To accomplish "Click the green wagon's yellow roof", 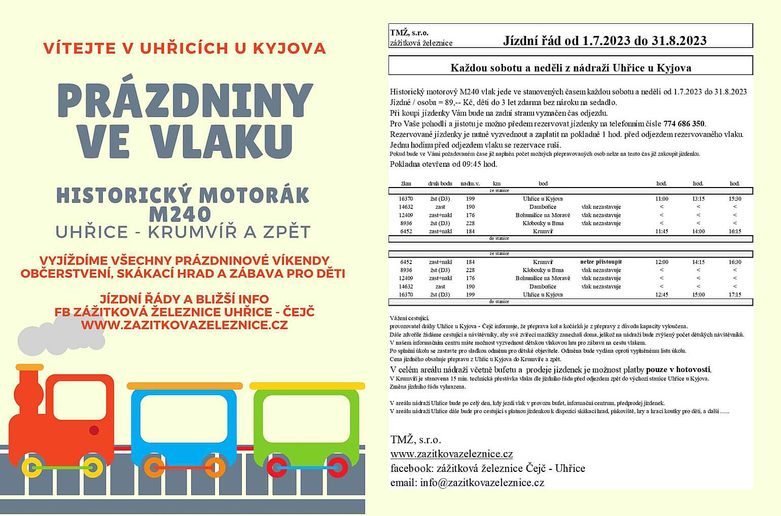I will coord(307,386).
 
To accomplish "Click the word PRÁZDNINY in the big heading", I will coord(185,100).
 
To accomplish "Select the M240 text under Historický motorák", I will coord(180,214).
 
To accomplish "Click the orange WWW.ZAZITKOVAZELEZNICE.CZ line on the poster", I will coord(184,325).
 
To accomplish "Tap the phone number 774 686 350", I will coord(684,124).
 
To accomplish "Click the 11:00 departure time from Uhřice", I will coord(661,199).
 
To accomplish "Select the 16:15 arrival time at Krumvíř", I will coord(734,231).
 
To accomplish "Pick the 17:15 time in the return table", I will coord(734,294).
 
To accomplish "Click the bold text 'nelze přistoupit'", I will coord(600,262).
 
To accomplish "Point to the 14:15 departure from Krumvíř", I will coord(698,262).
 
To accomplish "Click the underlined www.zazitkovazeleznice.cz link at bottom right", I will coord(451,454).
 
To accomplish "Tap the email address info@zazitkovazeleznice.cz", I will coord(482,483).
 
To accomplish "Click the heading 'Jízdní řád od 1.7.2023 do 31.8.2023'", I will coord(605,41).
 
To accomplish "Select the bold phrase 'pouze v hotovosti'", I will coord(678,370).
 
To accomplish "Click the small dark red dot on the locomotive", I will coord(94,430).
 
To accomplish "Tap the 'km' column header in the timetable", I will coord(496,183).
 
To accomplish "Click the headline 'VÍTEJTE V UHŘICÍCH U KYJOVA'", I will coord(184,48).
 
